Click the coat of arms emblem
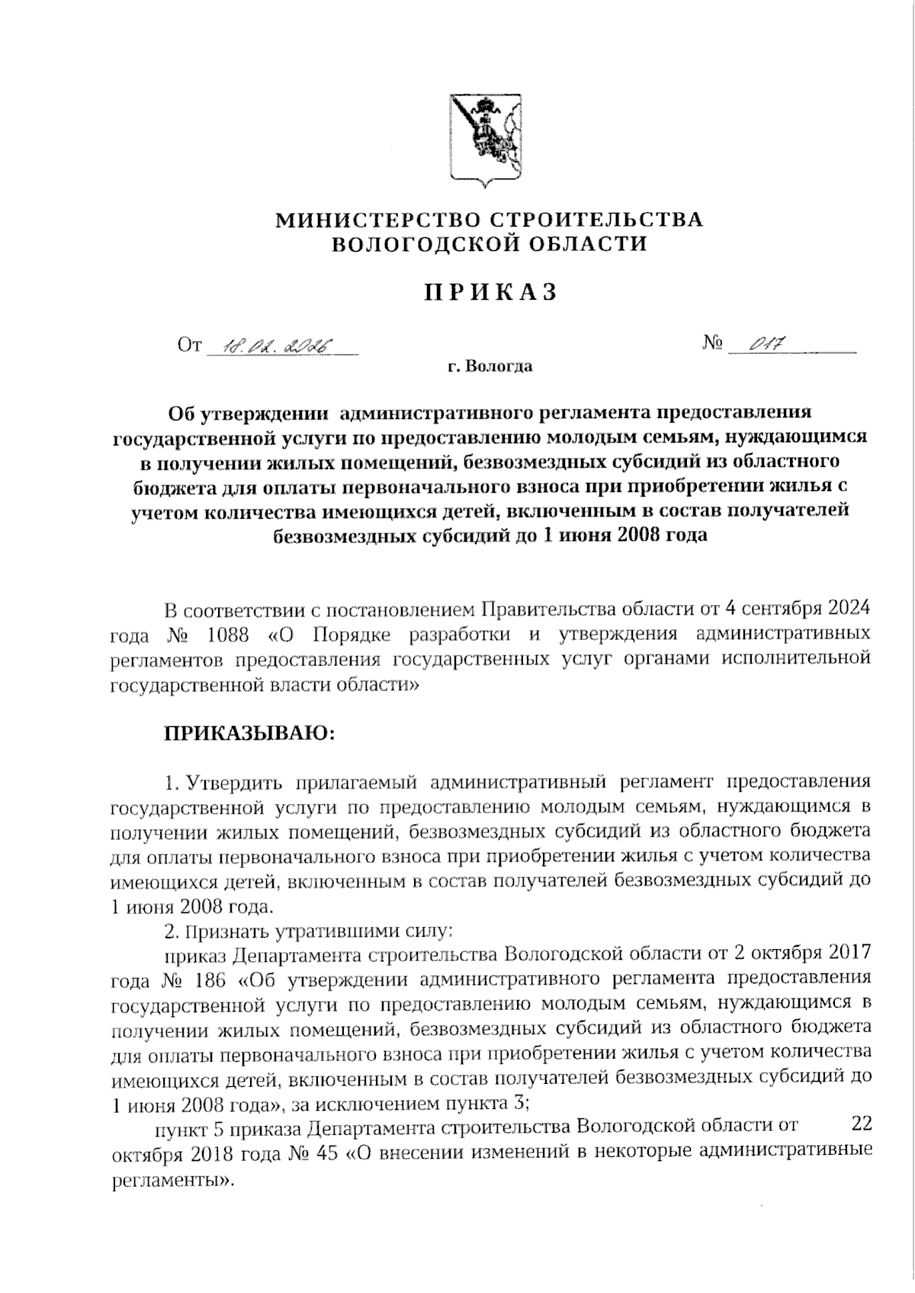point(483,140)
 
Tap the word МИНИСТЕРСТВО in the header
point(377,220)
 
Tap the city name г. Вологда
point(490,367)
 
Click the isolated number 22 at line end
point(860,1124)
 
